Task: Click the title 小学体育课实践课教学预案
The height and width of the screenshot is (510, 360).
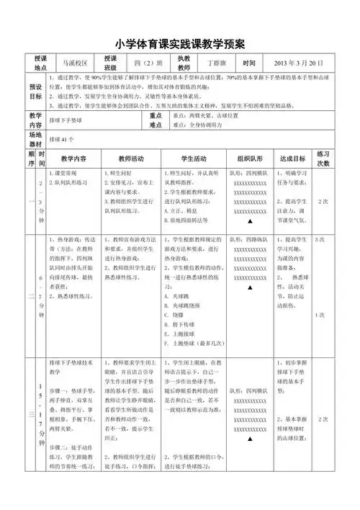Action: tap(180, 42)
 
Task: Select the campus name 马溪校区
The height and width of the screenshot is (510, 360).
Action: tap(74, 63)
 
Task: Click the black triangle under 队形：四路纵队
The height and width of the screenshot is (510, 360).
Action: tap(249, 288)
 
